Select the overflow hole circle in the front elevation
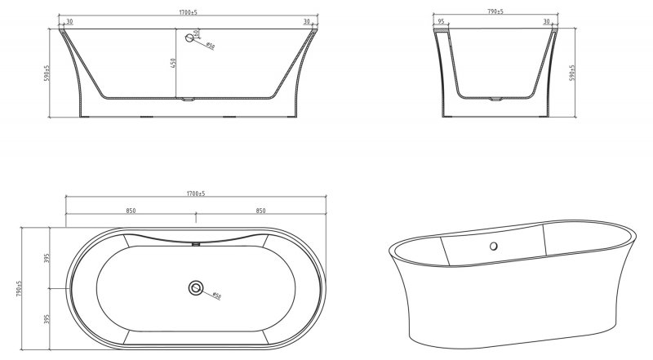[x=193, y=37]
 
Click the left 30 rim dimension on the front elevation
[x=69, y=22]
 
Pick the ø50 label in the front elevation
[x=211, y=47]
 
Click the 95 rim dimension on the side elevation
[x=441, y=22]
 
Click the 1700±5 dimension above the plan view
[x=194, y=194]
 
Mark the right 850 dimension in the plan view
[x=260, y=211]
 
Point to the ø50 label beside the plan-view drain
[x=215, y=296]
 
